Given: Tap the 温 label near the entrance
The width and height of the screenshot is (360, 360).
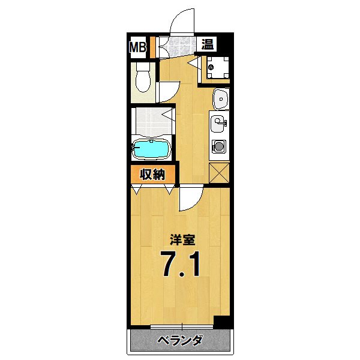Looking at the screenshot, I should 207,44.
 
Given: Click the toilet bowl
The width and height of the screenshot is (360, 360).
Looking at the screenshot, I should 143,79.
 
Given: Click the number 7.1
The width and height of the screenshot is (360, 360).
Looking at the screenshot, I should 180,265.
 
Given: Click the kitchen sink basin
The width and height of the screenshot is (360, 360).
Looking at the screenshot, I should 218,125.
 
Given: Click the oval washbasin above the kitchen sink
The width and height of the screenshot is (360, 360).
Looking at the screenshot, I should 220,98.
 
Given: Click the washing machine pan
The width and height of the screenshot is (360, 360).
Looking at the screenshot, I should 217,67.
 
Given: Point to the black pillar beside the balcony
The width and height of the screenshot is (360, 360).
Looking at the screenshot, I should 222,322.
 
